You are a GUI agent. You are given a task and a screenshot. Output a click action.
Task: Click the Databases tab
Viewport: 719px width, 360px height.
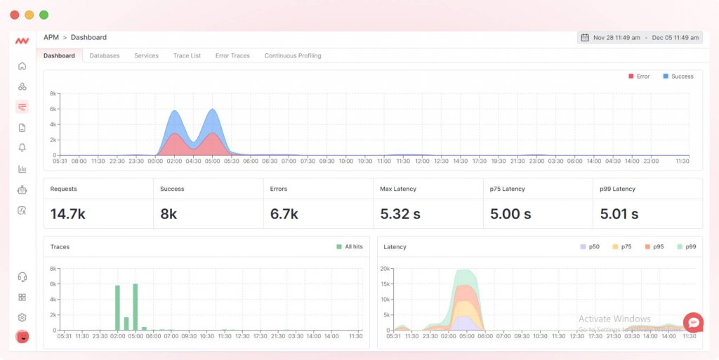[105, 55]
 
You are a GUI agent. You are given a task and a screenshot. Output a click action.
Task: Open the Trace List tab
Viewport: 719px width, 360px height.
[187, 55]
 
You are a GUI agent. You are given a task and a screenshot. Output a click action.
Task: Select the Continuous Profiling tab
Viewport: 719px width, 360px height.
[293, 55]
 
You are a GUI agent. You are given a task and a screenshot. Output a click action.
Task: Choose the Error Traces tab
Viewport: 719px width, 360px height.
[232, 55]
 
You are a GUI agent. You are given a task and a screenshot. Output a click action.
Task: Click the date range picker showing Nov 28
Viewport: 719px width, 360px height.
[640, 38]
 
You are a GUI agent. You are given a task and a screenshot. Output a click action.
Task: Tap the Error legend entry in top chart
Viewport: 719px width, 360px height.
[639, 76]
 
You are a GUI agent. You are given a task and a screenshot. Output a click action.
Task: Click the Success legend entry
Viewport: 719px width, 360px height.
[678, 76]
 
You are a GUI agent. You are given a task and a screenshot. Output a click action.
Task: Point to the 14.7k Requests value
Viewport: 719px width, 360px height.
[68, 214]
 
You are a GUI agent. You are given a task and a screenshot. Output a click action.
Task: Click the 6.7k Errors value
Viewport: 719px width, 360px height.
[284, 214]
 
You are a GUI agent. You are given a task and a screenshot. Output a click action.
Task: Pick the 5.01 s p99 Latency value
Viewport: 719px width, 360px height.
[619, 214]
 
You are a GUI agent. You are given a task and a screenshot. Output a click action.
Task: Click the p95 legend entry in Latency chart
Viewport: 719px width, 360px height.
[654, 247]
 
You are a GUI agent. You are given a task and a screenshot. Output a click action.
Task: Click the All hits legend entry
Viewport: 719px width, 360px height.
[350, 247]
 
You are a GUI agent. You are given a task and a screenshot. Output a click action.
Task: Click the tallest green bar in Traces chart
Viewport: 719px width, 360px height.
[136, 307]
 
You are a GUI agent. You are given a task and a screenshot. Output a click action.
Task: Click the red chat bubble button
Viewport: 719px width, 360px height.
[692, 323]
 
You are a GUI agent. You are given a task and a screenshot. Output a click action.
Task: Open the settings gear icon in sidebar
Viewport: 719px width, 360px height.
[22, 317]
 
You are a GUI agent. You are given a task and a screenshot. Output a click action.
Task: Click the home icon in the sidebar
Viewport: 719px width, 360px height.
[22, 66]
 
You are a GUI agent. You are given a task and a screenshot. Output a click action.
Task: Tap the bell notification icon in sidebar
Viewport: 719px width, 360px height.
[22, 147]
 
